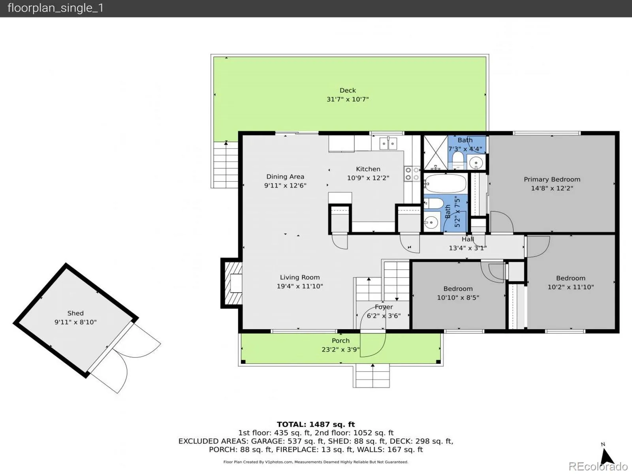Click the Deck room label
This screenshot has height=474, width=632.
click(x=348, y=90)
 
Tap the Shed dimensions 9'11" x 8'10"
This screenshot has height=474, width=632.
click(x=75, y=322)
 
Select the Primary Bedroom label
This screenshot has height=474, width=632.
click(x=552, y=179)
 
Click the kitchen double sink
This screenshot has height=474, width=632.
click(x=388, y=143)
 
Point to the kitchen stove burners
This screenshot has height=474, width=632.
click(x=412, y=174)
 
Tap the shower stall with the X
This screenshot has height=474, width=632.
click(x=436, y=152)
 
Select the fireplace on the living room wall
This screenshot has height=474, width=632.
click(x=232, y=283)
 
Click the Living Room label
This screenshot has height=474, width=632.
click(x=300, y=277)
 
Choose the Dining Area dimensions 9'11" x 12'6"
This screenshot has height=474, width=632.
click(x=285, y=185)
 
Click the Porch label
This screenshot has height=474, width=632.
click(x=340, y=340)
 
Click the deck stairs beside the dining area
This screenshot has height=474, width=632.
click(x=226, y=165)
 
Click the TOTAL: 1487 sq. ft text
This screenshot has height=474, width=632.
click(x=316, y=424)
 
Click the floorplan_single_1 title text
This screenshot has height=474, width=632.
click(x=56, y=8)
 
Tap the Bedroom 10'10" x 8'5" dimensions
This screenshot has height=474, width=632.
click(x=458, y=297)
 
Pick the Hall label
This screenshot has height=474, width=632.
click(x=468, y=239)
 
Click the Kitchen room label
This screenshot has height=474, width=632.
click(x=368, y=169)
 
